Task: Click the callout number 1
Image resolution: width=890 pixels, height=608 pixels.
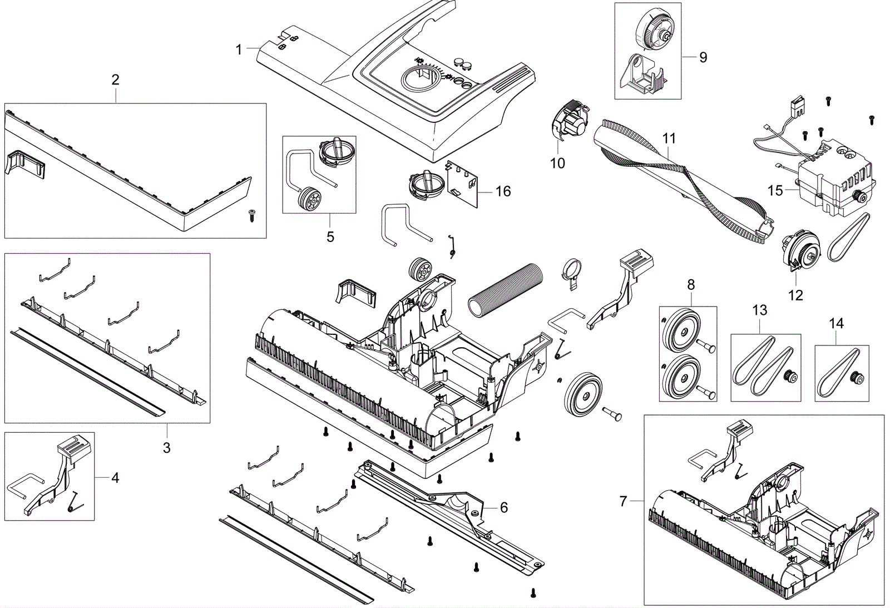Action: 239,50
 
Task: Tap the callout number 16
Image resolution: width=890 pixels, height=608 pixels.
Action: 503,191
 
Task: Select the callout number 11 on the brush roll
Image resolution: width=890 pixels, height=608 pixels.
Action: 669,138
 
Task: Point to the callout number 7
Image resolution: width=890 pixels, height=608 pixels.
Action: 623,501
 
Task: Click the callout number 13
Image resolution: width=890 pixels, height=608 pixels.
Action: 759,310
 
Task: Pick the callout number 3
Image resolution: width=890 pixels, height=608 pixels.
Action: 166,447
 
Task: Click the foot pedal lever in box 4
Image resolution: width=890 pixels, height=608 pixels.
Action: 61,473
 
